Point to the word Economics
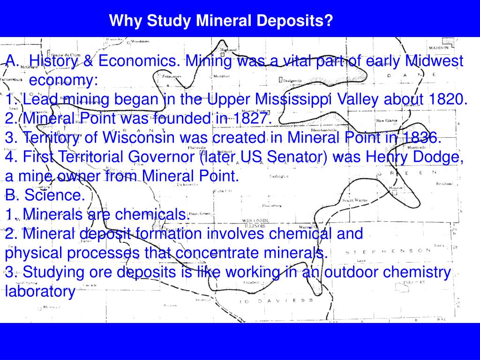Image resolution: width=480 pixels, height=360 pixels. pyautogui.click(x=139, y=61)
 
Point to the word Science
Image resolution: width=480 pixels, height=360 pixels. pyautogui.click(x=55, y=195)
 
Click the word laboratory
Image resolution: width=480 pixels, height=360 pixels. pyautogui.click(x=40, y=292)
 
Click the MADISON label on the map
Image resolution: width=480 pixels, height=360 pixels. pyautogui.click(x=439, y=48)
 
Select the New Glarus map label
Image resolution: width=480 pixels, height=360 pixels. pyautogui.click(x=387, y=120)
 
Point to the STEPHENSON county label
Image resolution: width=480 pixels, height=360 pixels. pyautogui.click(x=389, y=252)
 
